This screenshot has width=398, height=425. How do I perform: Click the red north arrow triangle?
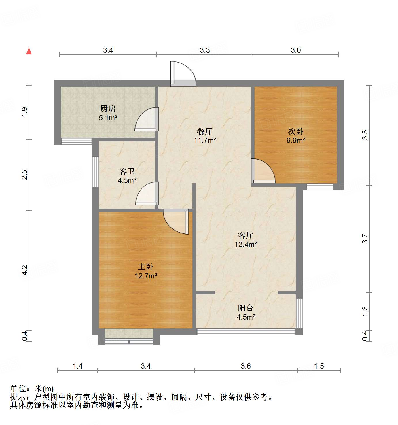click(x=29, y=51)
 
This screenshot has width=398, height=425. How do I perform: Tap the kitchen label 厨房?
click(x=108, y=109)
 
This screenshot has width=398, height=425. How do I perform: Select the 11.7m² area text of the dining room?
click(x=205, y=141)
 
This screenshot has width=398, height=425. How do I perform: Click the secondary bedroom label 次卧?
click(x=296, y=132)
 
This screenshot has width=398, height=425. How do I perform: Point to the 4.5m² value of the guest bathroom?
click(x=127, y=181)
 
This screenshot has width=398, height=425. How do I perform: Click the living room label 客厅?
click(x=246, y=235)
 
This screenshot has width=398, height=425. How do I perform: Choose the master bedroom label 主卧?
click(x=146, y=267)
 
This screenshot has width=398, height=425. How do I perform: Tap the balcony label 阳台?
click(x=246, y=308)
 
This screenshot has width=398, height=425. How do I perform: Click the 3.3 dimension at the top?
click(x=205, y=50)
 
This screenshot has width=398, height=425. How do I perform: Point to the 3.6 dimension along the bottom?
click(x=246, y=366)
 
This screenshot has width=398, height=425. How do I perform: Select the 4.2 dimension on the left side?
click(x=25, y=270)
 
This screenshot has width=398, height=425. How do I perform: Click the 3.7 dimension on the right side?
click(x=365, y=239)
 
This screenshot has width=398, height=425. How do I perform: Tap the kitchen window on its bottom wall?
click(x=77, y=141)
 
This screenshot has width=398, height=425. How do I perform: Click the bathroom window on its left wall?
click(x=95, y=172)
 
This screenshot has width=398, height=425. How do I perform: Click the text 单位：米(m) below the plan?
click(x=32, y=389)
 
